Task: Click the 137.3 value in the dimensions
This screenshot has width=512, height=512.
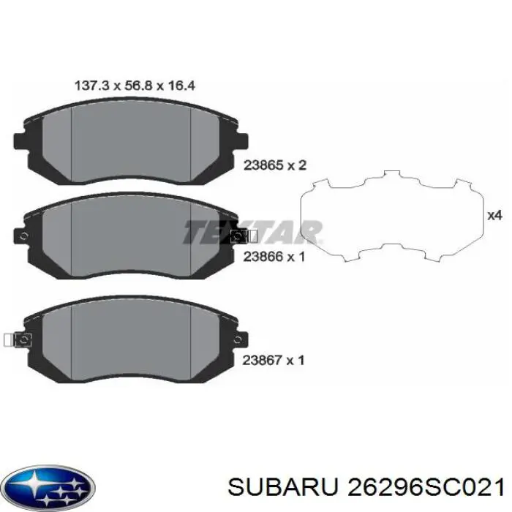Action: coord(90,86)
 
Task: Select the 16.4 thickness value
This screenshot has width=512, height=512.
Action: coord(181,86)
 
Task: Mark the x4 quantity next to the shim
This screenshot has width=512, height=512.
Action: coord(494,215)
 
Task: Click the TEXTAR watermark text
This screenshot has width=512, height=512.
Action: coord(252,233)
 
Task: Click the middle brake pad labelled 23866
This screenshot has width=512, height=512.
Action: coord(132,234)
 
